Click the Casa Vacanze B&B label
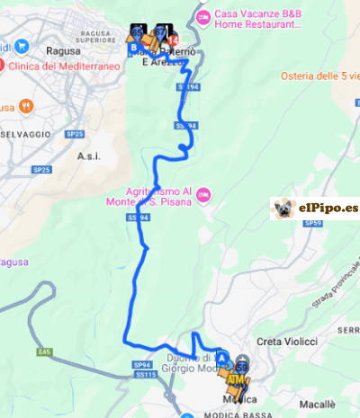(x=257, y=14)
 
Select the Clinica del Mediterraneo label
(x=53, y=65)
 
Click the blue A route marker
(x=222, y=356)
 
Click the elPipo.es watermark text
(x=328, y=209)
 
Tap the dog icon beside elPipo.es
(x=285, y=209)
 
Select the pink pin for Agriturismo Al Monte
(x=204, y=192)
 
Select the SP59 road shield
(x=311, y=222)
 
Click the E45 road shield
(x=46, y=351)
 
